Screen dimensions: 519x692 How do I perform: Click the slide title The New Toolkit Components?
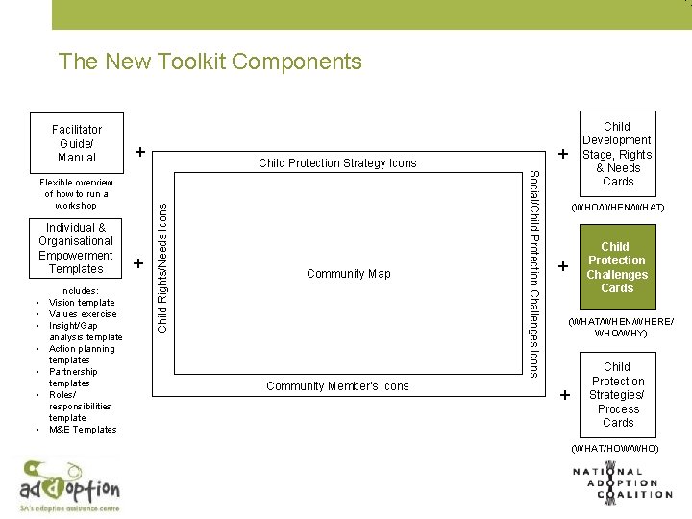(210, 62)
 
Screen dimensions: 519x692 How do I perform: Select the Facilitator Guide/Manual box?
(77, 143)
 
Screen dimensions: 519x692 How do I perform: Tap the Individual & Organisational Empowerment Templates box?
(76, 248)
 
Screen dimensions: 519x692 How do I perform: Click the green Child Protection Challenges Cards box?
(617, 267)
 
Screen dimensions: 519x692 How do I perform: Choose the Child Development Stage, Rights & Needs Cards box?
(617, 154)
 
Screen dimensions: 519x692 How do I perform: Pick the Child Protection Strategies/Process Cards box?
(617, 394)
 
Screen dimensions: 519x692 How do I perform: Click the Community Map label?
(348, 274)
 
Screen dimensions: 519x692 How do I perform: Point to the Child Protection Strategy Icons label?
(337, 163)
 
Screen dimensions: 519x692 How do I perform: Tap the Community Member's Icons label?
(337, 386)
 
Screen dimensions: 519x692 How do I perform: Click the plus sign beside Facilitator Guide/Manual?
(140, 152)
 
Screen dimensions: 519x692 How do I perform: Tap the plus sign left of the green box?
(565, 265)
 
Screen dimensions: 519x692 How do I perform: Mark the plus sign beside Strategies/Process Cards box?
(565, 395)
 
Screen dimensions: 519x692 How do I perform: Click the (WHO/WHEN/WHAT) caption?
(618, 208)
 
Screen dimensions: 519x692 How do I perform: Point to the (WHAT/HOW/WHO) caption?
(615, 448)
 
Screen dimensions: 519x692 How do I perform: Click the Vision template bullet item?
(82, 303)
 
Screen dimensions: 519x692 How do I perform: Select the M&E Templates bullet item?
(83, 430)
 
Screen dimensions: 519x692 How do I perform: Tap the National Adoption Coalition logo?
(622, 483)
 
